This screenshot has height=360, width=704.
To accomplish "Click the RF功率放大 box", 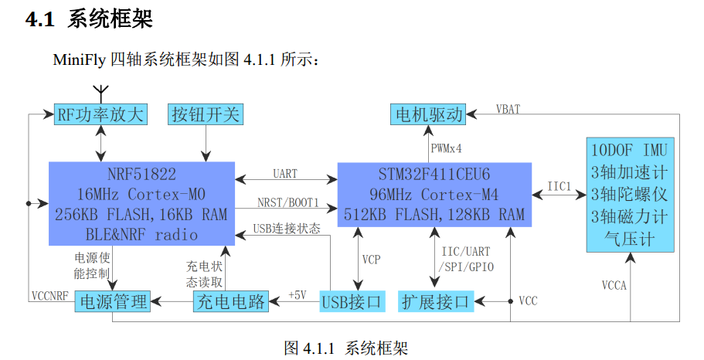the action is pos(100,114).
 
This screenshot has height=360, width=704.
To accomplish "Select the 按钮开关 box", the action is pos(206,114).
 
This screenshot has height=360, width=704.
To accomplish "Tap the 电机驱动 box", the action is pos(428,114).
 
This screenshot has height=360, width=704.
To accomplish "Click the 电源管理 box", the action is pos(113,301).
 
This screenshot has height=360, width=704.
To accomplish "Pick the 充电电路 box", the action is pos(231,301).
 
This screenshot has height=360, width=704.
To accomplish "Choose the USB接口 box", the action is pos(352,301).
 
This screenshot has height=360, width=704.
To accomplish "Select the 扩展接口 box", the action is pos(436,301).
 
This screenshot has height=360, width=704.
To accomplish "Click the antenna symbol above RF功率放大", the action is pos(102,93).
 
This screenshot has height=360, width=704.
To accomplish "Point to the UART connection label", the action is pos(285,174).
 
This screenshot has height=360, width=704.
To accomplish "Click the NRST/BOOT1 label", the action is pos(287,203).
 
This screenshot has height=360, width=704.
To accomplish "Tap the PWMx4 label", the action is pos(446,148).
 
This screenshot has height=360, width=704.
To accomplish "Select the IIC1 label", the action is pos(559,186).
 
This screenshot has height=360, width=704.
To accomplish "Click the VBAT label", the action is pos(508,109).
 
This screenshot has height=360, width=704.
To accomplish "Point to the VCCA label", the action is pos(614,285).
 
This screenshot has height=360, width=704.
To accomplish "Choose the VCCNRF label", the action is pos(49,296).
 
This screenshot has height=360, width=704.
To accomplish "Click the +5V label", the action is pos(298,295).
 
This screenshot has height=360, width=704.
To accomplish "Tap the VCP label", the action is pos(371,260).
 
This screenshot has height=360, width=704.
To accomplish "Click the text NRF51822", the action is pos(141,174).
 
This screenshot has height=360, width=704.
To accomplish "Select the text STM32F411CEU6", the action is pos(434,174).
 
